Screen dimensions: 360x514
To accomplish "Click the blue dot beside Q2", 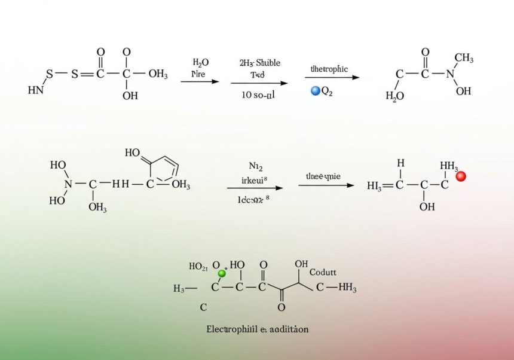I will pyautogui.click(x=316, y=91).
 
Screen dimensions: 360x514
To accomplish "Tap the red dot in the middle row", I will pyautogui.click(x=460, y=176).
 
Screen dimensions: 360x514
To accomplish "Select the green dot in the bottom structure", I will pyautogui.click(x=222, y=273).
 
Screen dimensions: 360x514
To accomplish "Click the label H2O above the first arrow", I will pyautogui.click(x=201, y=62).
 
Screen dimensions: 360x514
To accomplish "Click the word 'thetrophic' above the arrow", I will pyautogui.click(x=329, y=69).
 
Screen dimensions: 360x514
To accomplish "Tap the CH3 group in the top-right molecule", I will pyautogui.click(x=464, y=58).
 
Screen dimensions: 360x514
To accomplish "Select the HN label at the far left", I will pyautogui.click(x=35, y=90).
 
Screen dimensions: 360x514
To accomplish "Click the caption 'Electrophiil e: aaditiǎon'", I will pyautogui.click(x=258, y=329).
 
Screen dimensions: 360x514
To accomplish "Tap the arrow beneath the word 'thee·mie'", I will pyautogui.click(x=326, y=185).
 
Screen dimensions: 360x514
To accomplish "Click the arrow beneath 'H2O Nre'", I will pyautogui.click(x=200, y=81).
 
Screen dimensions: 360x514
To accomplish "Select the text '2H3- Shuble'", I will pyautogui.click(x=260, y=63).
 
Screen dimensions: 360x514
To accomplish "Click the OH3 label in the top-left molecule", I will pyautogui.click(x=158, y=74).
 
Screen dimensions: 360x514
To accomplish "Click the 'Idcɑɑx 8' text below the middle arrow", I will pyautogui.click(x=253, y=201).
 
